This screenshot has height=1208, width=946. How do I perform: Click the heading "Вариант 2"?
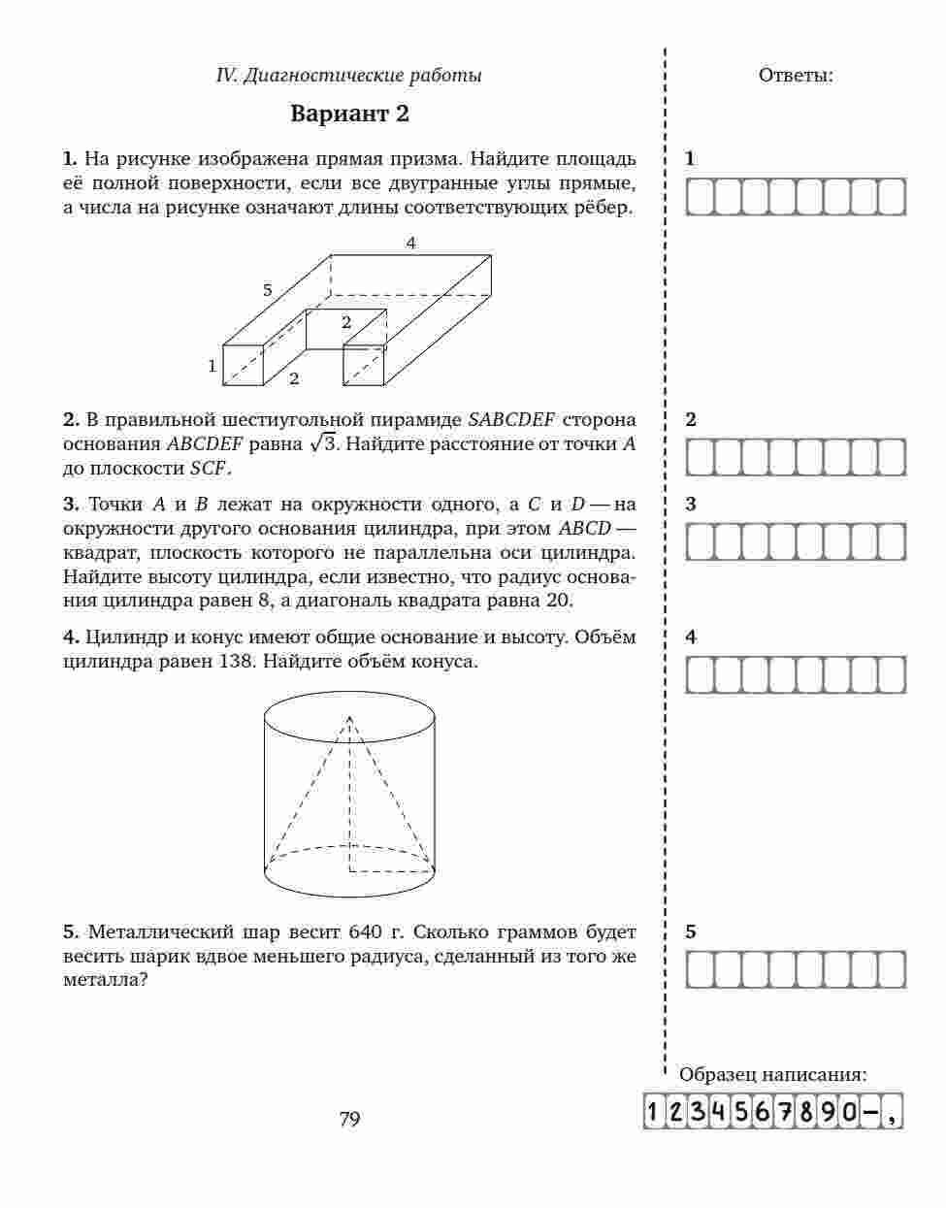tap(350, 114)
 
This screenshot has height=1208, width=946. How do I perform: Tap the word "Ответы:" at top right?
tap(795, 75)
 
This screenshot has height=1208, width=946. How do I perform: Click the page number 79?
tap(349, 1120)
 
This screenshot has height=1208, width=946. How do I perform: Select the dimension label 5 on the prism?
tap(267, 289)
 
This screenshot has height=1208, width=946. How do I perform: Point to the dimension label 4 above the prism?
tap(411, 244)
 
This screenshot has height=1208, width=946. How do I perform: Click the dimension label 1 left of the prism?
tap(212, 366)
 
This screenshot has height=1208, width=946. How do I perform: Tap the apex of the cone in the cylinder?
tap(349, 716)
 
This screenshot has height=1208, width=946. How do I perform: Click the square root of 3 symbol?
tap(322, 443)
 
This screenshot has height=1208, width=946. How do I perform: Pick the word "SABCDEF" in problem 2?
tap(511, 420)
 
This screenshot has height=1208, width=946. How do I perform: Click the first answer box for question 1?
tap(701, 197)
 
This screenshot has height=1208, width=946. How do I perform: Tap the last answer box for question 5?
tap(891, 969)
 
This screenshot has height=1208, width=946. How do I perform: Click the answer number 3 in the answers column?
tap(691, 505)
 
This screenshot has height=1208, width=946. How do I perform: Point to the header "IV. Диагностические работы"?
tap(349, 75)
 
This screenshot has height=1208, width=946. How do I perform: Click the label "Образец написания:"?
tap(773, 1074)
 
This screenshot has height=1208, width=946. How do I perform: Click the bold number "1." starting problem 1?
tap(70, 158)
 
